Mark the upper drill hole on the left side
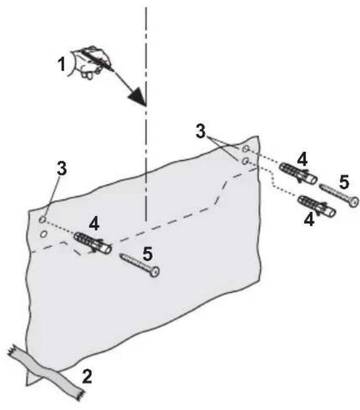pyautogui.click(x=41, y=220)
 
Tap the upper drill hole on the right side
pyautogui.click(x=246, y=149)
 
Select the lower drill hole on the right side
pyautogui.click(x=246, y=161)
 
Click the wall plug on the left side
pyautogui.click(x=93, y=242)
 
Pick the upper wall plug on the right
pyautogui.click(x=296, y=172)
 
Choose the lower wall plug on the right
pyautogui.click(x=317, y=206)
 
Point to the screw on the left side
pyautogui.click(x=139, y=263)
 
